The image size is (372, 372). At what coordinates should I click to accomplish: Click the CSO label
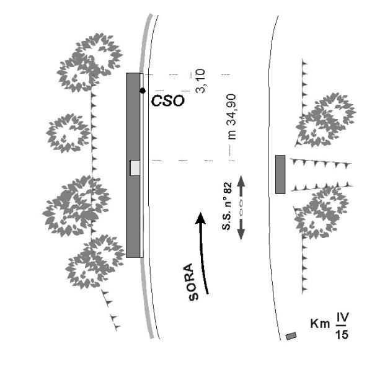coord(167,100)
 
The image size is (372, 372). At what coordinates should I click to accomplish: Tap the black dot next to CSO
coord(143,91)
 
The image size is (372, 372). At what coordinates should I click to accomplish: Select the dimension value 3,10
coord(200,81)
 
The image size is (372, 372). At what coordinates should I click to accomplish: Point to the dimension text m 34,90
coord(231,117)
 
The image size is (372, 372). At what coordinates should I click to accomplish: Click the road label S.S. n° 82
coord(227,206)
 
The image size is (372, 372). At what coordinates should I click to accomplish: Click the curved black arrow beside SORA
coord(202,253)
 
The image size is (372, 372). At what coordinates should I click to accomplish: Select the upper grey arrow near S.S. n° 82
coord(241,186)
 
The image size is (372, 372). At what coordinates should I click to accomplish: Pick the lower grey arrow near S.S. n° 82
coord(241,229)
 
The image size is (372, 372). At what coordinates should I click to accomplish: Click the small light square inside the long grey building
coord(135,168)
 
